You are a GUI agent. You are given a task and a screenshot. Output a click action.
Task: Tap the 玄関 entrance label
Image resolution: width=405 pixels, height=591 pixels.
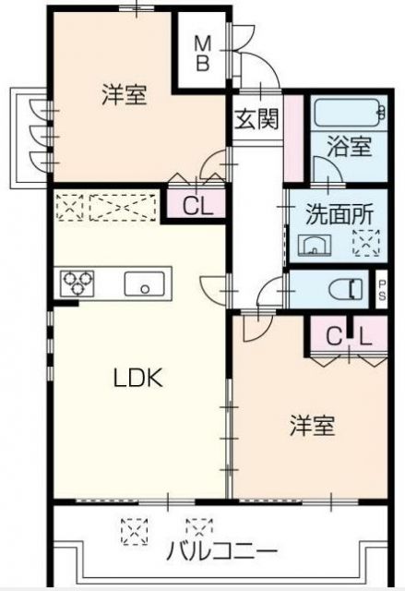256,120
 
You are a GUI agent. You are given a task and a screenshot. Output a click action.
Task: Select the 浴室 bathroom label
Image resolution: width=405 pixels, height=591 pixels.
348,145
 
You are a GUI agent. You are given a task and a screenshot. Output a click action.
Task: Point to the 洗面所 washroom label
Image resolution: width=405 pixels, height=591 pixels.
339,211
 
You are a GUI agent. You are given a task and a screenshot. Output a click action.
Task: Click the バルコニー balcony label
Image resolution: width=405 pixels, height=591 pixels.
220,551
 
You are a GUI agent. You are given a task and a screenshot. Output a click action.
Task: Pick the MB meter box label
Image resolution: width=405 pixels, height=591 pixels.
202,52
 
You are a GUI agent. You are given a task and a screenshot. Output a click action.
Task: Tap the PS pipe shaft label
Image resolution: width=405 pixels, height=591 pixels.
382,289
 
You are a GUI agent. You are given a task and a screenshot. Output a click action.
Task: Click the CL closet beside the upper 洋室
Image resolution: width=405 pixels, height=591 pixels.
197,206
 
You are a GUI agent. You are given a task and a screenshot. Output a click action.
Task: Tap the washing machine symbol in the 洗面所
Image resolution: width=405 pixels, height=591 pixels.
364,244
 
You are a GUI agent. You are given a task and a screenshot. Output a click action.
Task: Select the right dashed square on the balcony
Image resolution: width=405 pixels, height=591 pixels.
197,529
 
